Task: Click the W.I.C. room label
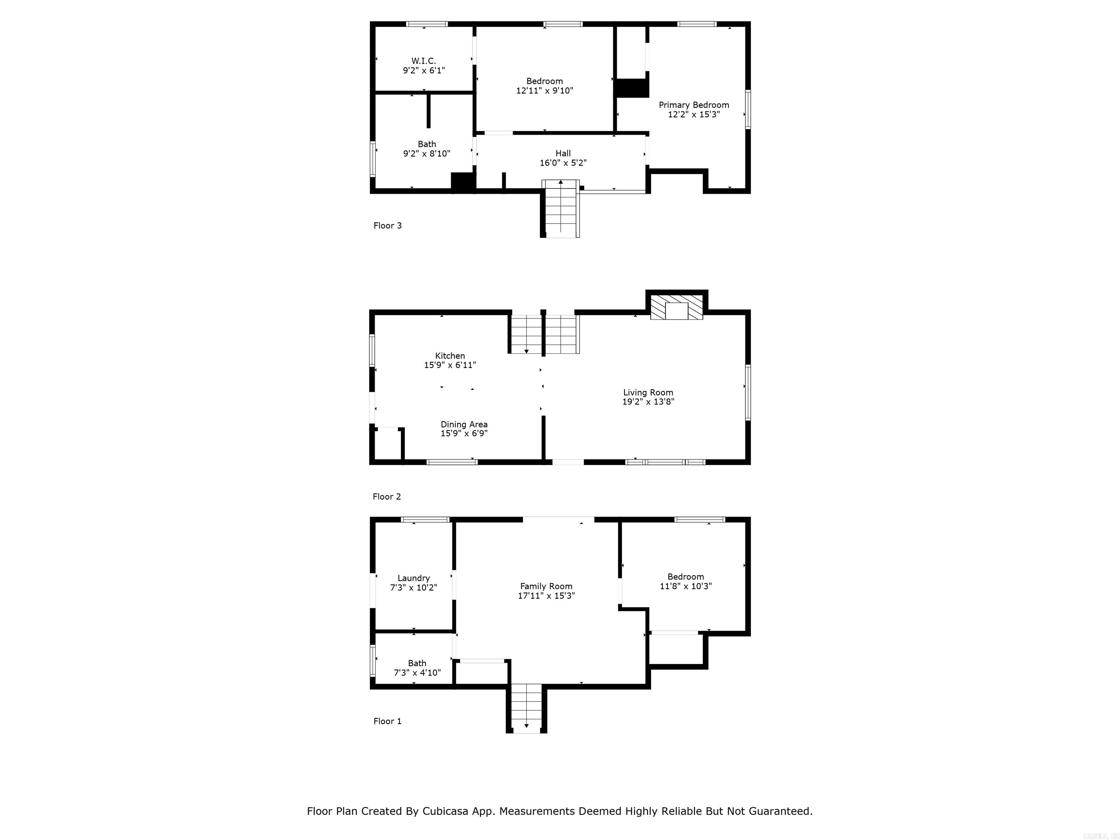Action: click(x=423, y=61)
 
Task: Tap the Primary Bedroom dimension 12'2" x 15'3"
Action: click(x=694, y=114)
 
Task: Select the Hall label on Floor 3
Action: click(x=563, y=153)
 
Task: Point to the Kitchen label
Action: click(x=450, y=355)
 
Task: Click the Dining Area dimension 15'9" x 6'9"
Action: click(x=464, y=433)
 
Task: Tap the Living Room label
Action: click(x=648, y=392)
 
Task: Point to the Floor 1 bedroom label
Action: click(x=685, y=577)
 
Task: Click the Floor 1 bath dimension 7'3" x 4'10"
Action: click(x=417, y=673)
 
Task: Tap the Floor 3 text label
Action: click(x=387, y=225)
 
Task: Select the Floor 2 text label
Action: click(x=387, y=497)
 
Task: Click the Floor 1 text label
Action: click(x=387, y=721)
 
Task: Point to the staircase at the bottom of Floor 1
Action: click(x=526, y=706)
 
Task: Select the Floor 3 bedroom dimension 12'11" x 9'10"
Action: click(x=544, y=91)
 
